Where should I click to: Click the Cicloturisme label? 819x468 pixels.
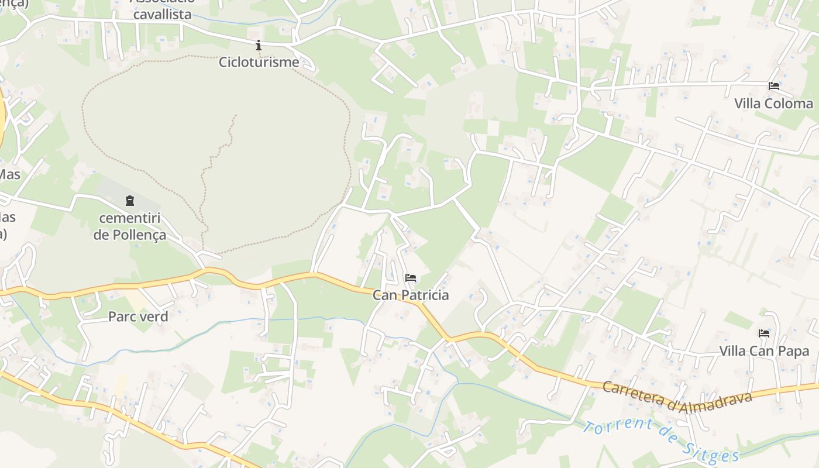point(259,62)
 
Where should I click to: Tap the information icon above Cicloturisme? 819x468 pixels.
point(259,45)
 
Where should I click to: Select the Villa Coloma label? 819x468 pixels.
point(773,104)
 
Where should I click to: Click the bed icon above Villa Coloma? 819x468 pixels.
point(773,86)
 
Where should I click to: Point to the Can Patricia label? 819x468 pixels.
point(411,295)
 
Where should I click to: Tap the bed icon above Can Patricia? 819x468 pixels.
point(411,277)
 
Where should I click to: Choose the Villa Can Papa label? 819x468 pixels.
point(764,351)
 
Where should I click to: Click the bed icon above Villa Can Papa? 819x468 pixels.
point(764,333)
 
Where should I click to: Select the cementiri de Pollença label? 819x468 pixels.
point(130,227)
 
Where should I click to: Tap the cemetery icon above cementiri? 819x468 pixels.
point(129,201)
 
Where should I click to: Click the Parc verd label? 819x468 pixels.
point(138,316)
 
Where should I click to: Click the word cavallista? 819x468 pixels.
point(162,14)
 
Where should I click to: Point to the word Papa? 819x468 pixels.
point(796,351)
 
